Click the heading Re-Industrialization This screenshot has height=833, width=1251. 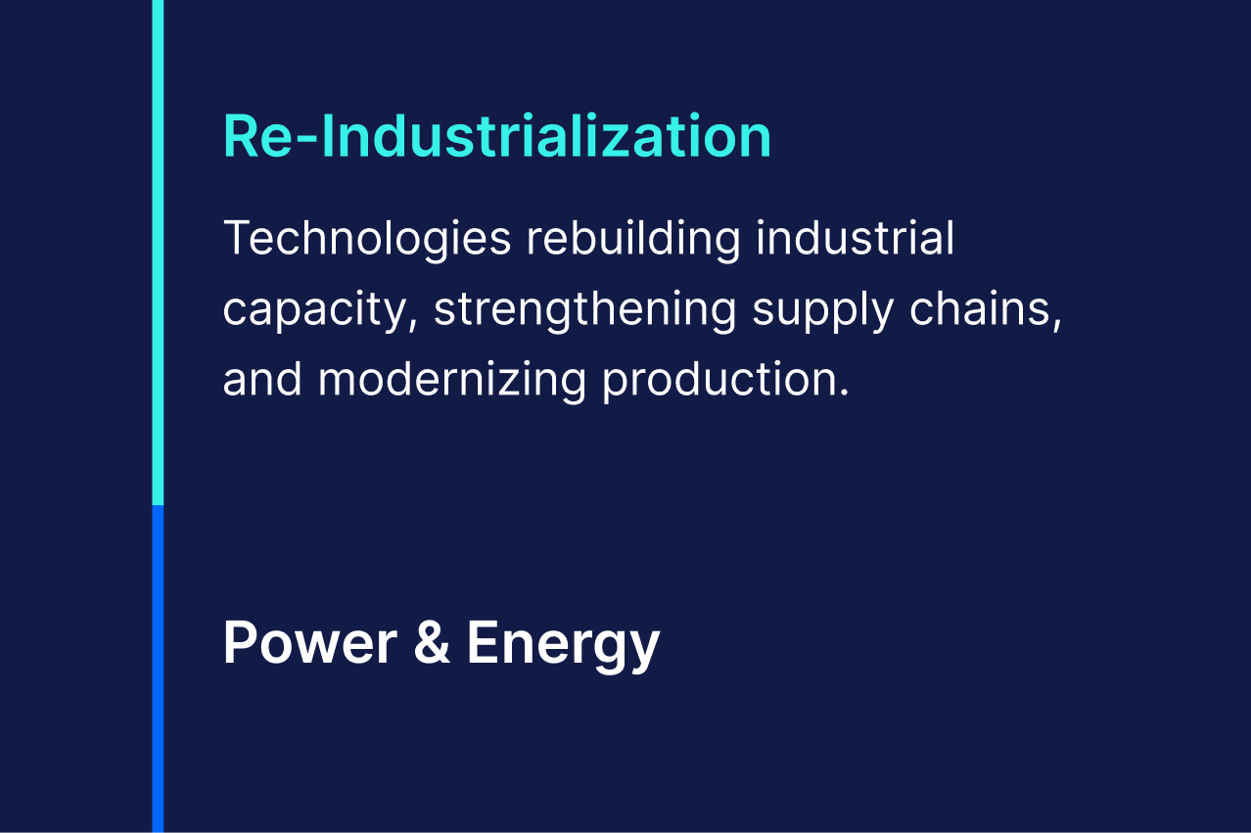[497, 136]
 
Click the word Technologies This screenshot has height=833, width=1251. [367, 240]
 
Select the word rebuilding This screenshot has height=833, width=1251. [634, 240]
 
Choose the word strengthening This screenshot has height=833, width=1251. [584, 310]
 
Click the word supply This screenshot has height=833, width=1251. [822, 311]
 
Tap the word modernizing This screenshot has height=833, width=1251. [452, 381]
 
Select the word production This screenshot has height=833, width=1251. [719, 381]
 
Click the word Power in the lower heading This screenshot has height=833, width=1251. [310, 643]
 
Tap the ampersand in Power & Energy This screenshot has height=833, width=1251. [432, 643]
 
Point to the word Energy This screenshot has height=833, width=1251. [564, 646]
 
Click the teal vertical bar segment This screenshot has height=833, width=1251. [158, 253]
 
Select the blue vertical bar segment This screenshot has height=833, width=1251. [158, 669]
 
